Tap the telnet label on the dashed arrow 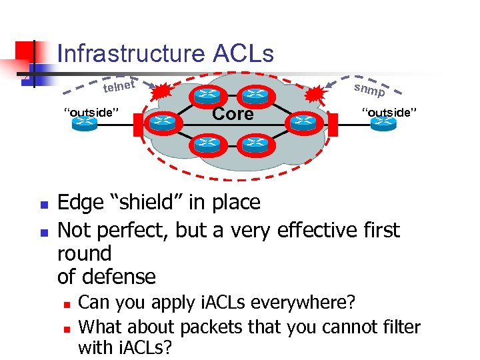119,86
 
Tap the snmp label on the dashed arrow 369,89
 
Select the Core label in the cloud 233,114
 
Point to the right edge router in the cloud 303,122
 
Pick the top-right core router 253,96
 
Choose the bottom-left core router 207,143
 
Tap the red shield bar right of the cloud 329,123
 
